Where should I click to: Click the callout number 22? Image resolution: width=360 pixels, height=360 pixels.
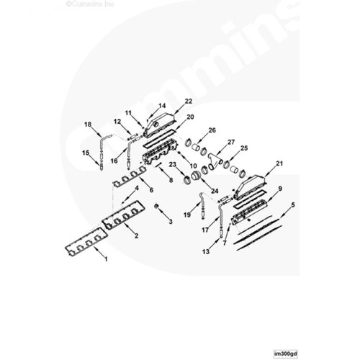189,101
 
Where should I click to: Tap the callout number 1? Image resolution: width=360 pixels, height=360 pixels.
106,259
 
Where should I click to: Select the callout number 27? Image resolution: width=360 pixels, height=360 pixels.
231,142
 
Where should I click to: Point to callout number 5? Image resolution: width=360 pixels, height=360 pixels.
292,205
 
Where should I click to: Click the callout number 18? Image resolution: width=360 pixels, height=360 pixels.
88,125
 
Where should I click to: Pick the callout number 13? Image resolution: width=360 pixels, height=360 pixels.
206,251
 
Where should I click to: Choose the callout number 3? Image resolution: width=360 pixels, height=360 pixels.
171,221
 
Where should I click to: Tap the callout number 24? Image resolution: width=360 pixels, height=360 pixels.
215,191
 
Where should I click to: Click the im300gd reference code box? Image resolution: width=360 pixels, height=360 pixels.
286,354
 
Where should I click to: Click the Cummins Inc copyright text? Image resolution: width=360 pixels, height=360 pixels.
90,4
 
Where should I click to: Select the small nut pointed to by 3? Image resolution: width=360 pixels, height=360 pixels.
156,206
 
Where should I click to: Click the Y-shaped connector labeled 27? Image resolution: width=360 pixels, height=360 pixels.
215,160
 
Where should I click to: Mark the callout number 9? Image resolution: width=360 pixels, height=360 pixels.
280,189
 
